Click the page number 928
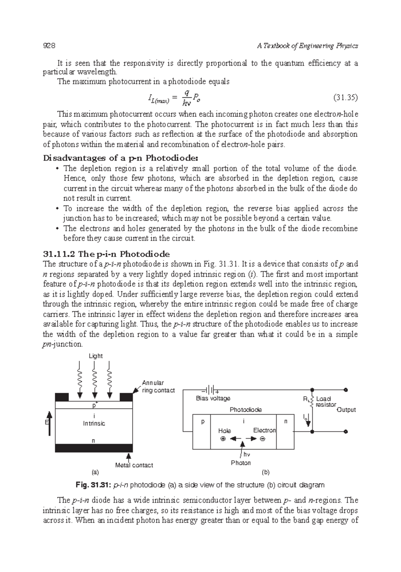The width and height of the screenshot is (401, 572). pos(49,46)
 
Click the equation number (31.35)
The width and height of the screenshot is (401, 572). pos(346,97)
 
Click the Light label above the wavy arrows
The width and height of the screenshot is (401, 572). pos(96,356)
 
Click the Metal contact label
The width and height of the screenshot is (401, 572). pos(134,465)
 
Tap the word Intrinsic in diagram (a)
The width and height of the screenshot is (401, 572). pos(94,423)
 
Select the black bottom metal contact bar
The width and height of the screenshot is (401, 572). pos(94,448)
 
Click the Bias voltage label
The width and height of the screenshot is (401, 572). pos(213,398)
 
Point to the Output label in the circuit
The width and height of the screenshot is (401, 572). pos(346,410)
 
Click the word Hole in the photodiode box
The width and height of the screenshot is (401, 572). pos(224,431)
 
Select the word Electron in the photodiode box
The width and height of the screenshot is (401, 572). pos(264,430)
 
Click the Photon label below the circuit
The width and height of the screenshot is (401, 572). pos(241,463)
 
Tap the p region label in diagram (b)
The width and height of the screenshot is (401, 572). pos(202,422)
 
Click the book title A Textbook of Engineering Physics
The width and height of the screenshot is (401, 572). pos(307,46)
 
